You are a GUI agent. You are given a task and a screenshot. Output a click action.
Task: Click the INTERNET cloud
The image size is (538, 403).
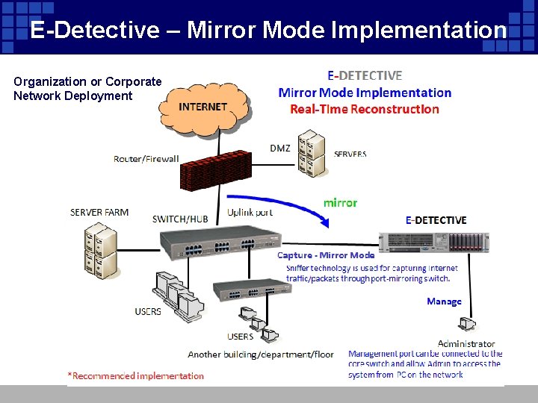[x=203, y=109]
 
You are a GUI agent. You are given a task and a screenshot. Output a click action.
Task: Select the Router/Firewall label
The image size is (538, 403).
[x=146, y=158]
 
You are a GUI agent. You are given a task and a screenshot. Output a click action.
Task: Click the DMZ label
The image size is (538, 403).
[x=280, y=148]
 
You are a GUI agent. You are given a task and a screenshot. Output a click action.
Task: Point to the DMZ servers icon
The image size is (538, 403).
[x=311, y=153]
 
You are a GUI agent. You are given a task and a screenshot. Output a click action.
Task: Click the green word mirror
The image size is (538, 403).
[x=340, y=202]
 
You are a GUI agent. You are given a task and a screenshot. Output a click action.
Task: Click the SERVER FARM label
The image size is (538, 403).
[x=99, y=212]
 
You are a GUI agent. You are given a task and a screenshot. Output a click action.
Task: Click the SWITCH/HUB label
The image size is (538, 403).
[x=180, y=219]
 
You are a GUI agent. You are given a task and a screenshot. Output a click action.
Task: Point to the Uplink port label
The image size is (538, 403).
[x=250, y=212]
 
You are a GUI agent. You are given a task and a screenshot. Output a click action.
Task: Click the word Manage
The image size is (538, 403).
[x=444, y=302]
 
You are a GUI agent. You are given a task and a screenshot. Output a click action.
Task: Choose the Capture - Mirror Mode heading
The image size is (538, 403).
[x=326, y=255]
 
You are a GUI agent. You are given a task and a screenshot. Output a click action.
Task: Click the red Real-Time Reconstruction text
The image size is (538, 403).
[x=365, y=109]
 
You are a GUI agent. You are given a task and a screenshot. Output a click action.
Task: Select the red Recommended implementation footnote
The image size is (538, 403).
[x=136, y=375]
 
